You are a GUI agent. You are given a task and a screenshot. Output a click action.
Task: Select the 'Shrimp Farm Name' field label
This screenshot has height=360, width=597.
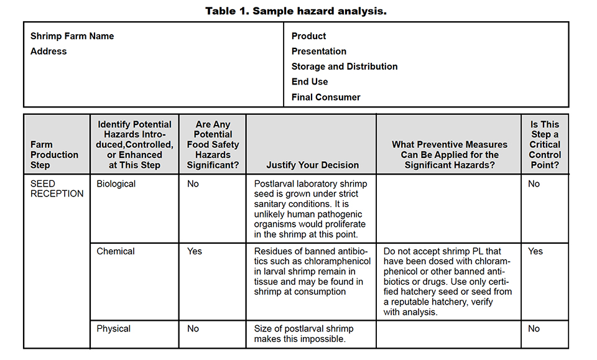click(72, 36)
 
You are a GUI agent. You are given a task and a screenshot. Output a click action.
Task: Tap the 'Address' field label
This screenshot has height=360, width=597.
click(49, 51)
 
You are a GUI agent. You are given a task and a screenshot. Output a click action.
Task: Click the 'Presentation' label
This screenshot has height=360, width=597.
click(319, 51)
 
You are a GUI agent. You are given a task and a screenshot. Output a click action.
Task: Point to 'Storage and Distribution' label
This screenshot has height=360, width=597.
click(345, 66)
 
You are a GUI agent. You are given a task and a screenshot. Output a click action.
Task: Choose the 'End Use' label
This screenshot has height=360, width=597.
click(310, 81)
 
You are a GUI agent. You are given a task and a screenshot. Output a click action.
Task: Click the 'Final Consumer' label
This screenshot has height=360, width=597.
click(326, 97)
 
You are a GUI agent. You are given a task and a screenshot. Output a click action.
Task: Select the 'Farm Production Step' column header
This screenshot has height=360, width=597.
click(55, 155)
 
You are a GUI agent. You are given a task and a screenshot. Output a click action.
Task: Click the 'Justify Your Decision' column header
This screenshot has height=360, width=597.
click(312, 165)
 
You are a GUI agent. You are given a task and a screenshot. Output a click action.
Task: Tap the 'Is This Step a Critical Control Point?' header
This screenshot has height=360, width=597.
click(545, 144)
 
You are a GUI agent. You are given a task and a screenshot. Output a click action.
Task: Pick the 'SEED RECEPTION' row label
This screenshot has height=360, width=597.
click(57, 188)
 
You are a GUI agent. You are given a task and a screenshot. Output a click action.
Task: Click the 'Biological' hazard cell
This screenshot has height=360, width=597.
click(116, 184)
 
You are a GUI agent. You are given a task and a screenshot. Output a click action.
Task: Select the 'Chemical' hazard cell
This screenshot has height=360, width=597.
click(116, 251)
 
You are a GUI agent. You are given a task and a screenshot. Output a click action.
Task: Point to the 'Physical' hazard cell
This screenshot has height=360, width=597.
click(114, 328)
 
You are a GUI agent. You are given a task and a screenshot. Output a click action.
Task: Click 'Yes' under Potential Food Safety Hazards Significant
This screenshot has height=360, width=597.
click(195, 251)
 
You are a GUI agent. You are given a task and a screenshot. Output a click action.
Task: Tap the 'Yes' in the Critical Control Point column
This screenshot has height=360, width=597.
click(535, 251)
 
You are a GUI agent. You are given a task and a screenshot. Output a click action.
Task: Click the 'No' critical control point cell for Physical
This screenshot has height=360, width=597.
click(534, 328)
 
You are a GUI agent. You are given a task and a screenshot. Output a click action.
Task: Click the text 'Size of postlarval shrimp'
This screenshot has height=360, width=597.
click(303, 328)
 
